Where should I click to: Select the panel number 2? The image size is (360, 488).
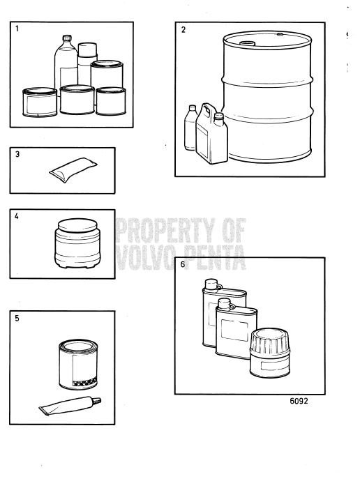click(183, 31)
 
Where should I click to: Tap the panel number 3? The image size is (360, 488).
click(17, 155)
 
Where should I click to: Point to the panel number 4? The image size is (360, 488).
click(17, 216)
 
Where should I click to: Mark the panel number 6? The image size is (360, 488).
click(183, 266)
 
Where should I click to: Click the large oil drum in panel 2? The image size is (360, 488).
click(264, 98)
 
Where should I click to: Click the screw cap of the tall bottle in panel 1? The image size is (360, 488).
click(68, 39)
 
